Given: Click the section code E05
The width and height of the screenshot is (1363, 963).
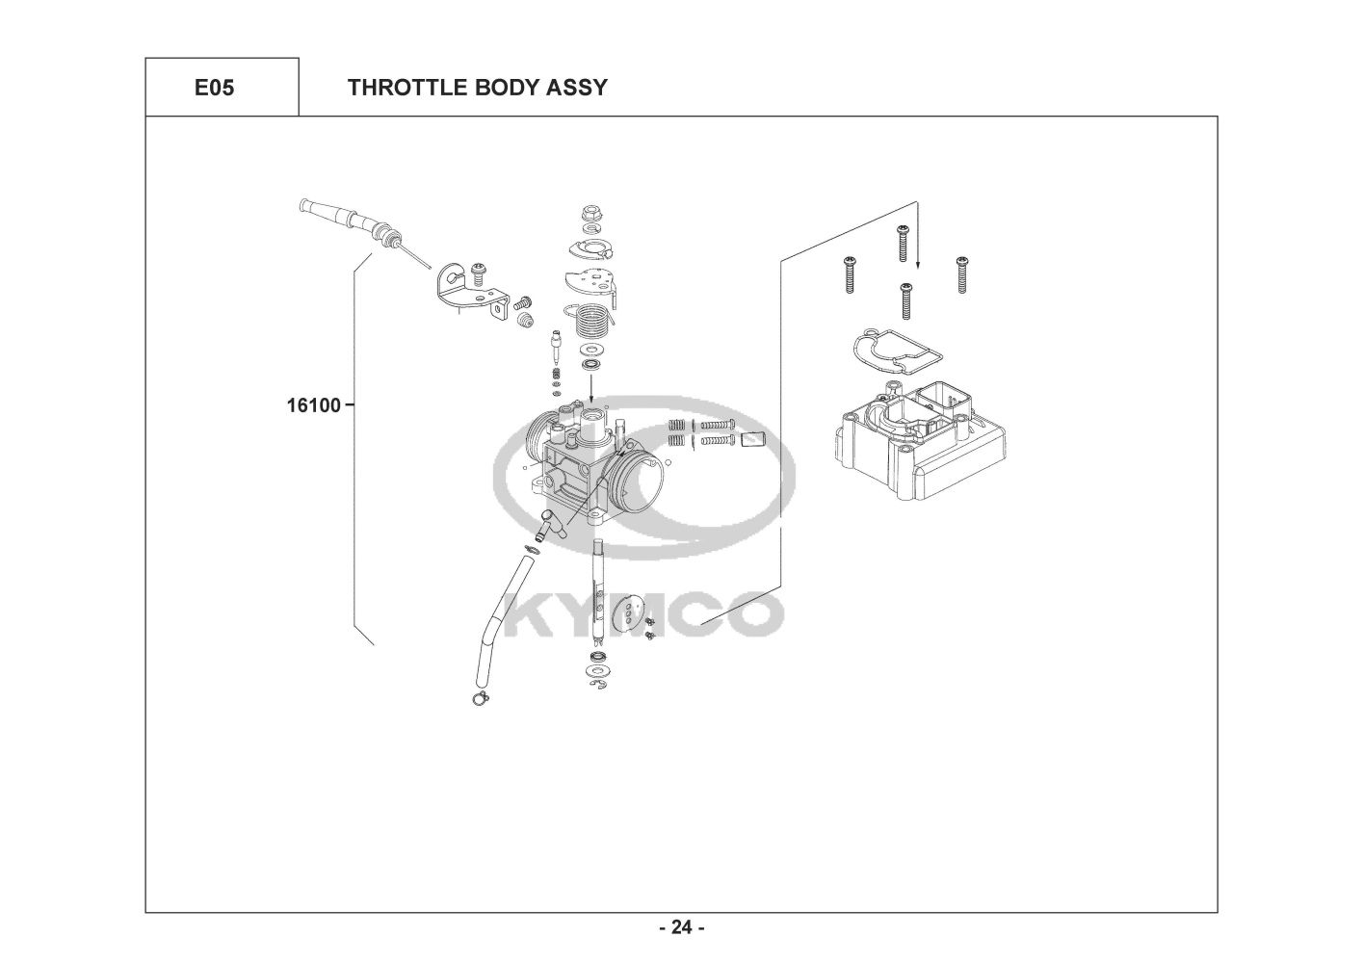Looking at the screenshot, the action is (214, 88).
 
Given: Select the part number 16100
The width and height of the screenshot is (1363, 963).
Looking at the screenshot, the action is (313, 405).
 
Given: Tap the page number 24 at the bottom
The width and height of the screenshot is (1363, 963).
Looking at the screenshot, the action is (682, 927).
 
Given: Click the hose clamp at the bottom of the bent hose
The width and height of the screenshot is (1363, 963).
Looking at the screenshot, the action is (479, 700).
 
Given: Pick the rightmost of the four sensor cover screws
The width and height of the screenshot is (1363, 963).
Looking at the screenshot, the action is (961, 273).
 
